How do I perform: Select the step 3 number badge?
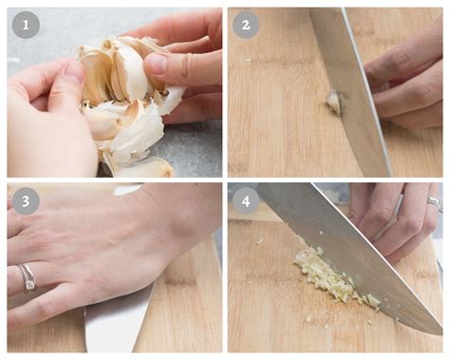coord(26,200)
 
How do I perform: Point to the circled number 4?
coord(246,200)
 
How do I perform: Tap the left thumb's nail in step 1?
coord(72,72)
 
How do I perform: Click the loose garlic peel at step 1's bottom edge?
coord(142,167)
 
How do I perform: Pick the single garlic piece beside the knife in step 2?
coord(334,103)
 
